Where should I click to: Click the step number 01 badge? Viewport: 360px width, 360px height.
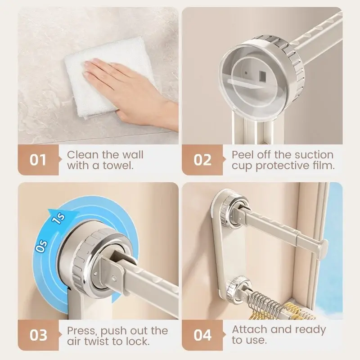(x=38, y=160)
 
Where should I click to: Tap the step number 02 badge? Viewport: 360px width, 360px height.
(x=202, y=160)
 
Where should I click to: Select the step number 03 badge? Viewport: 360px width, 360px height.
(x=38, y=335)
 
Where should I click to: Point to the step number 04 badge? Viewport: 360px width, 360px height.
(x=202, y=335)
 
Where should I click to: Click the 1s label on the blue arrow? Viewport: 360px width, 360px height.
(x=58, y=219)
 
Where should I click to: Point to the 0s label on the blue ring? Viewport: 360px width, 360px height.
(x=42, y=246)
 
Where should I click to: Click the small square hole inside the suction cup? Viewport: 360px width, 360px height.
(x=262, y=75)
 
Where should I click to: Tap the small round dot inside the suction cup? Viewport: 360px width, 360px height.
(x=246, y=73)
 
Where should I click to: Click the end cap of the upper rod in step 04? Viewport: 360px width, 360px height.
(x=323, y=248)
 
